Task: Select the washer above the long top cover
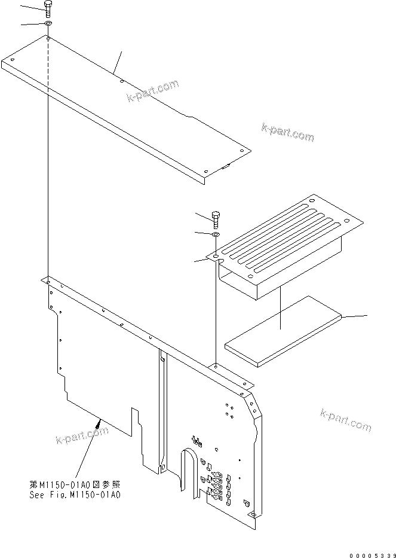[x=47, y=24]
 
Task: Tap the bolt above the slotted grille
[x=216, y=219]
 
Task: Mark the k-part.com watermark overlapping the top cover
[x=152, y=91]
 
